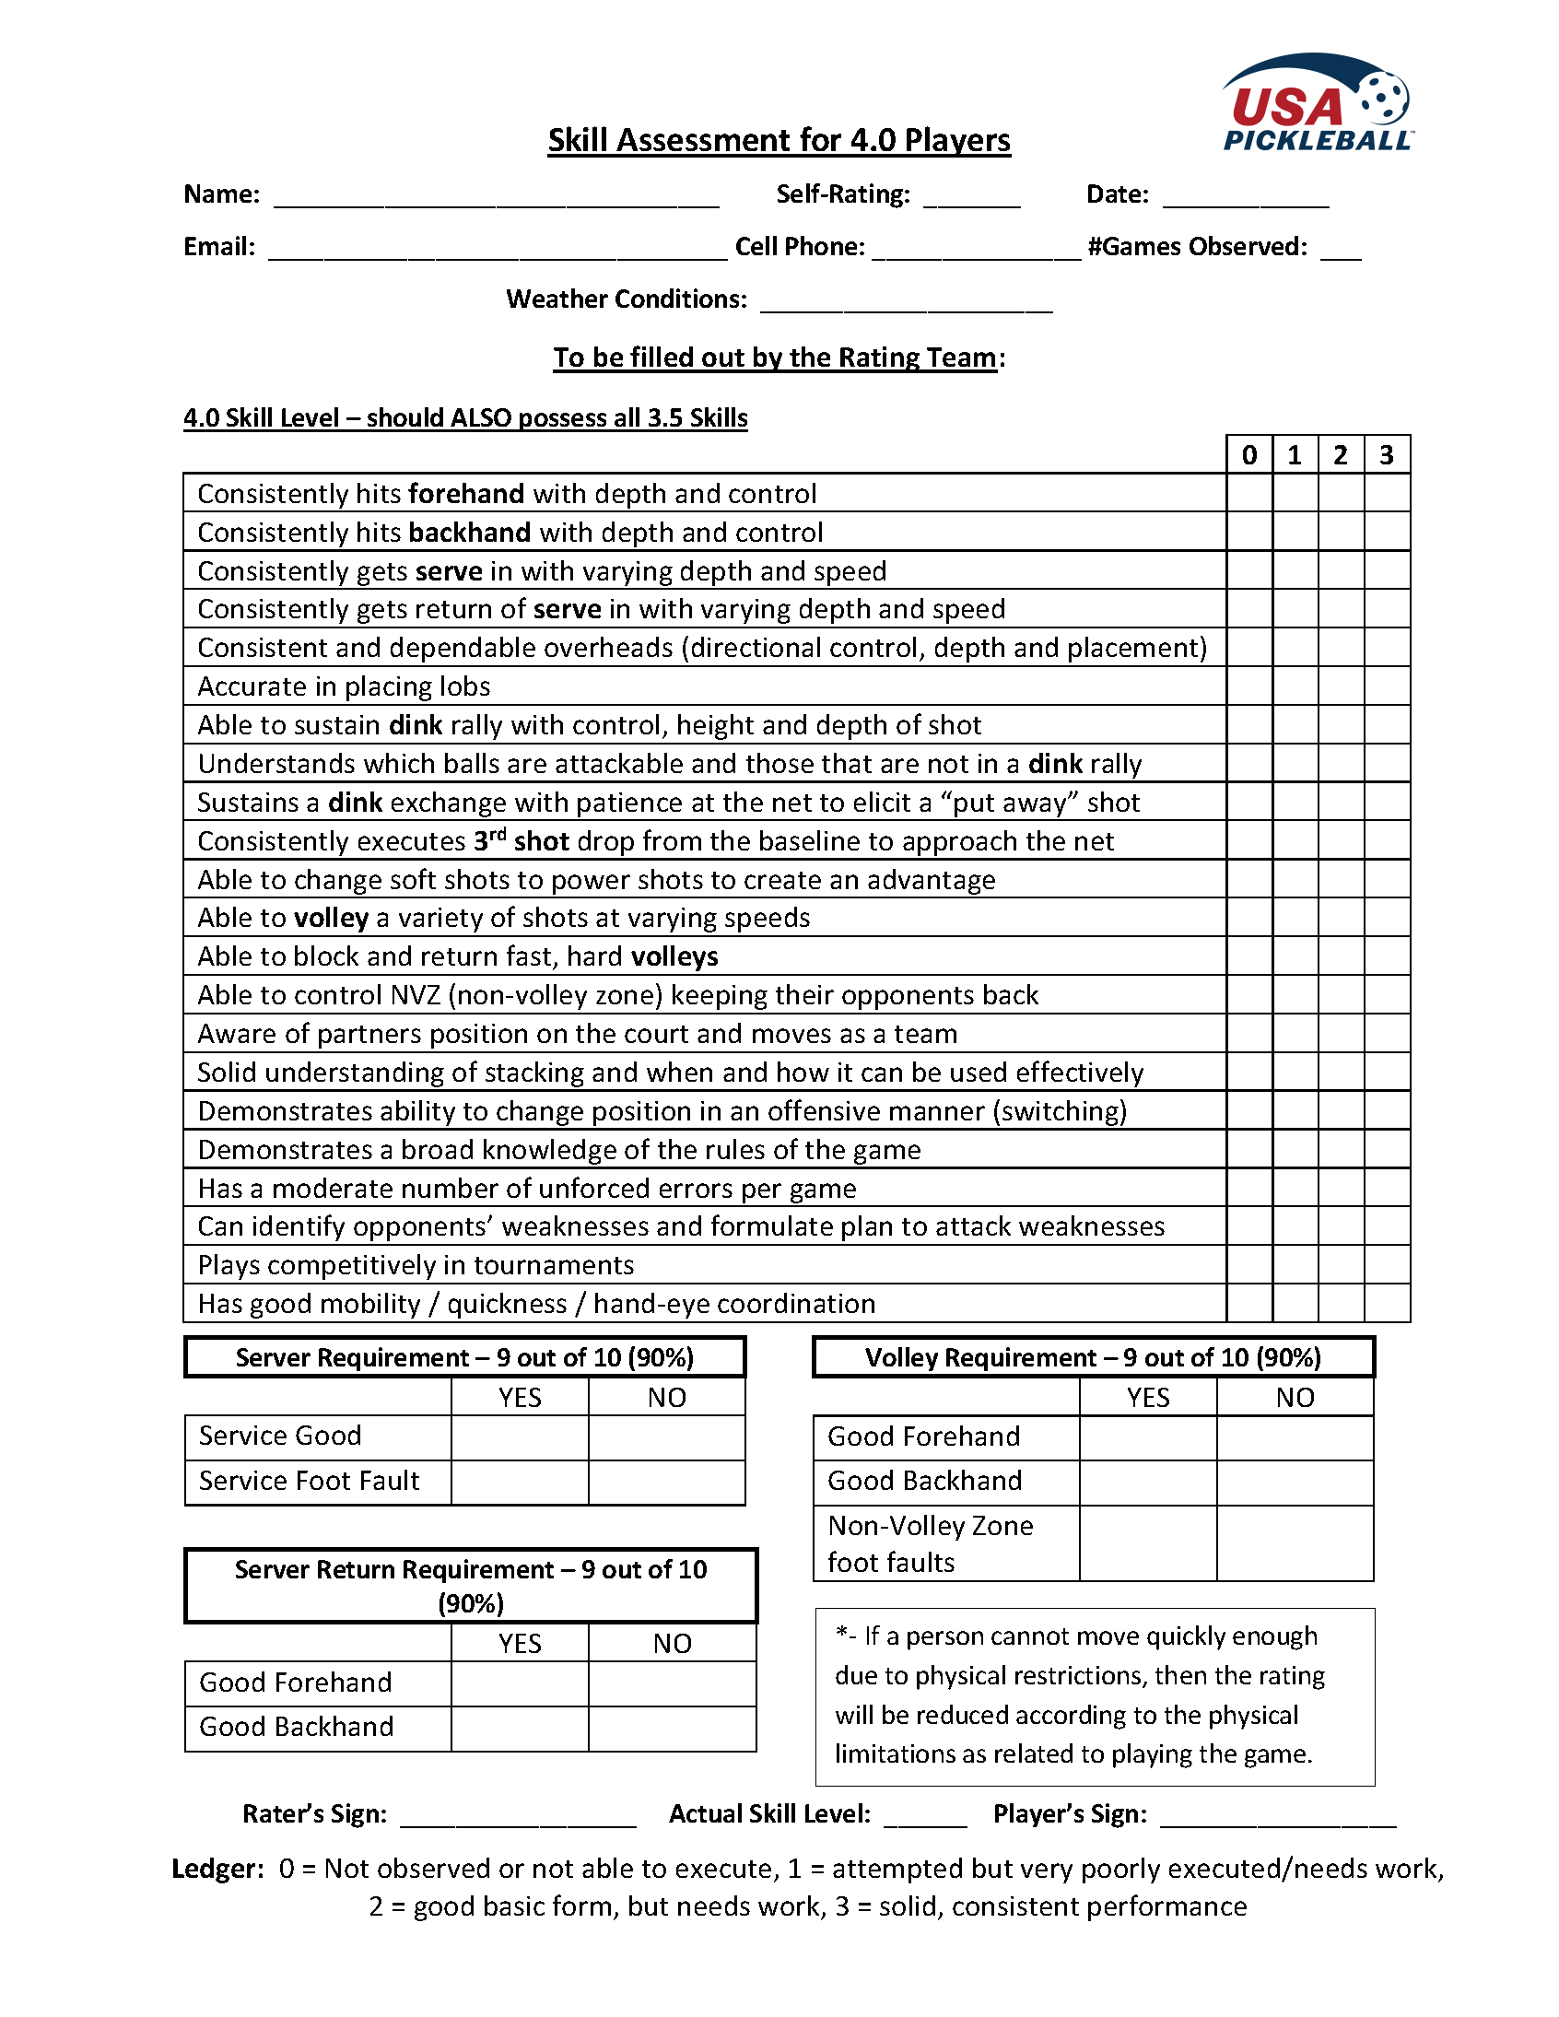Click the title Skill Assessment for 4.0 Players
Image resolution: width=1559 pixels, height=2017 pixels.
click(x=779, y=140)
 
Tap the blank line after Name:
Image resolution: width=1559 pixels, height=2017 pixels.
click(x=496, y=196)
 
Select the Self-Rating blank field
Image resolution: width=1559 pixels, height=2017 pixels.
click(x=970, y=196)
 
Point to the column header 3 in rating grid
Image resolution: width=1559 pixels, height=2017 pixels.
click(x=1387, y=454)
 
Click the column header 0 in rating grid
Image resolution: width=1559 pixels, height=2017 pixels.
click(x=1248, y=454)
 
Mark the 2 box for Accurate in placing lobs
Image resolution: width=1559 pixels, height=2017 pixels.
click(x=1340, y=686)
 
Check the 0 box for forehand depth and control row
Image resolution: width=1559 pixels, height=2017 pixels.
click(x=1248, y=493)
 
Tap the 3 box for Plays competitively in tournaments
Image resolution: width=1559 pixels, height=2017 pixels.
click(x=1387, y=1264)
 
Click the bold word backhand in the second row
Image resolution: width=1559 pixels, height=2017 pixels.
click(x=469, y=533)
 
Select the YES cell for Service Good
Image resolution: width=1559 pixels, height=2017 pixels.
click(x=519, y=1437)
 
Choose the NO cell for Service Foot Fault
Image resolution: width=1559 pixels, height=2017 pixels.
click(x=666, y=1482)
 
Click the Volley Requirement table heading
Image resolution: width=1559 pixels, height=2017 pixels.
click(x=1093, y=1356)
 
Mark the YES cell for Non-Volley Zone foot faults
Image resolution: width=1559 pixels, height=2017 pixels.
click(x=1147, y=1543)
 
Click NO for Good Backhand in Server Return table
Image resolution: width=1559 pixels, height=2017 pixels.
click(x=672, y=1728)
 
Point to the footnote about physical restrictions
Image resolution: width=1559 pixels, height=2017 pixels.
click(x=1094, y=1695)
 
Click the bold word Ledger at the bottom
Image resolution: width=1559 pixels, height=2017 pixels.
click(x=218, y=1869)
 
